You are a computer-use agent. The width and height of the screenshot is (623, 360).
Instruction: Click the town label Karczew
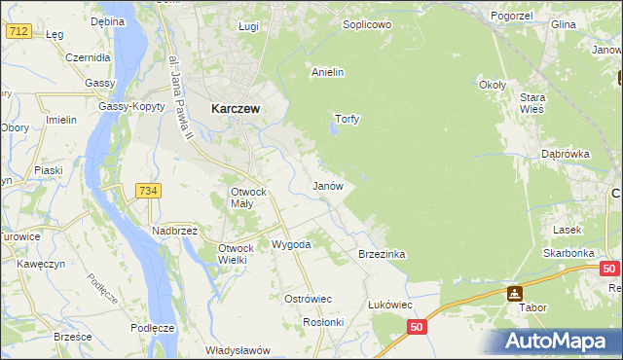click(x=235, y=110)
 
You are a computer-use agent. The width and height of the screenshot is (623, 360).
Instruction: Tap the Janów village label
click(x=327, y=185)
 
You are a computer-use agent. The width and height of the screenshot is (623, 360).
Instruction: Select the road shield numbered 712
click(x=17, y=31)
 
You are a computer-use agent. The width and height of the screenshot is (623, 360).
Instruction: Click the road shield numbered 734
click(x=148, y=191)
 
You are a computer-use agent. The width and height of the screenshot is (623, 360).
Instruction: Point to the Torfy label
click(x=348, y=120)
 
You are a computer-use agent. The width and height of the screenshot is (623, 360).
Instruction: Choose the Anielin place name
click(x=328, y=72)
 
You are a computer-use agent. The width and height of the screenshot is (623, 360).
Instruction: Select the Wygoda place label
click(x=291, y=244)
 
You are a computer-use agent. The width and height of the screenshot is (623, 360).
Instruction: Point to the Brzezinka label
click(x=382, y=254)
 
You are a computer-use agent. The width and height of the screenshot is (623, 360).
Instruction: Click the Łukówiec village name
click(x=390, y=305)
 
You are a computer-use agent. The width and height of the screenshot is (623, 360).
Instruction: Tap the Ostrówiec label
click(x=309, y=299)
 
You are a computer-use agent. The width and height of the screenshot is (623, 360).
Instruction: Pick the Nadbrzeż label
click(x=175, y=231)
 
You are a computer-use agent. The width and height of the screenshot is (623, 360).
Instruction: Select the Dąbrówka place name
click(x=567, y=154)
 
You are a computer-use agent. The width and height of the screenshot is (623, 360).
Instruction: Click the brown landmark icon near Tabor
click(x=513, y=293)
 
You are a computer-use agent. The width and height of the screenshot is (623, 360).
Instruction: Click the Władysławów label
click(x=238, y=350)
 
